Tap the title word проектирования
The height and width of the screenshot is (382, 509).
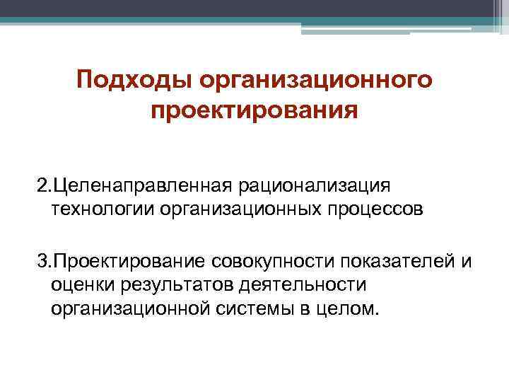[255, 111]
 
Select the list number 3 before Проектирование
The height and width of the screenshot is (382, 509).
[42, 262]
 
